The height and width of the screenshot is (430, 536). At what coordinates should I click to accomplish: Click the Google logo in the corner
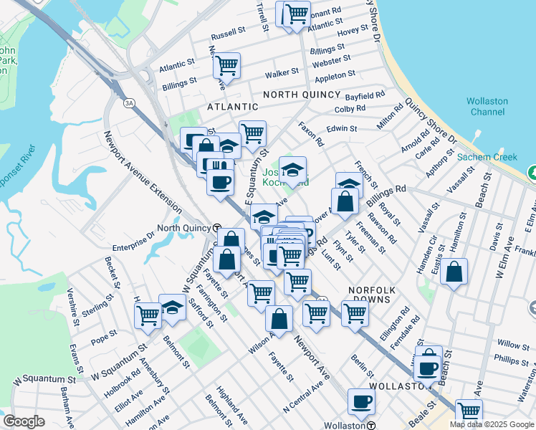pyautogui.click(x=24, y=421)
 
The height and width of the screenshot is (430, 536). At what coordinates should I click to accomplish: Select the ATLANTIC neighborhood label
pyautogui.click(x=232, y=107)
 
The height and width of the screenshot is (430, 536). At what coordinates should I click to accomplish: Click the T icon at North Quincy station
pyautogui.click(x=217, y=228)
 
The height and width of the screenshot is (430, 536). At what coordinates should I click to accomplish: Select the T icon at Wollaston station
pyautogui.click(x=370, y=425)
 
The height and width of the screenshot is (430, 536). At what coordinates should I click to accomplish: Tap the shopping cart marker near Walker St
pyautogui.click(x=226, y=65)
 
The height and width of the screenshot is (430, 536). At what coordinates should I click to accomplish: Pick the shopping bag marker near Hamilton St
pyautogui.click(x=454, y=272)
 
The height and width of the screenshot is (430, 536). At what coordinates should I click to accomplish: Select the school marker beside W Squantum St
pyautogui.click(x=172, y=306)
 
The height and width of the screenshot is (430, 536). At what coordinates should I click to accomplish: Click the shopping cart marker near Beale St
pyautogui.click(x=469, y=411)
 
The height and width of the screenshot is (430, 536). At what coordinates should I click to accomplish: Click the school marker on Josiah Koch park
pyautogui.click(x=292, y=169)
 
